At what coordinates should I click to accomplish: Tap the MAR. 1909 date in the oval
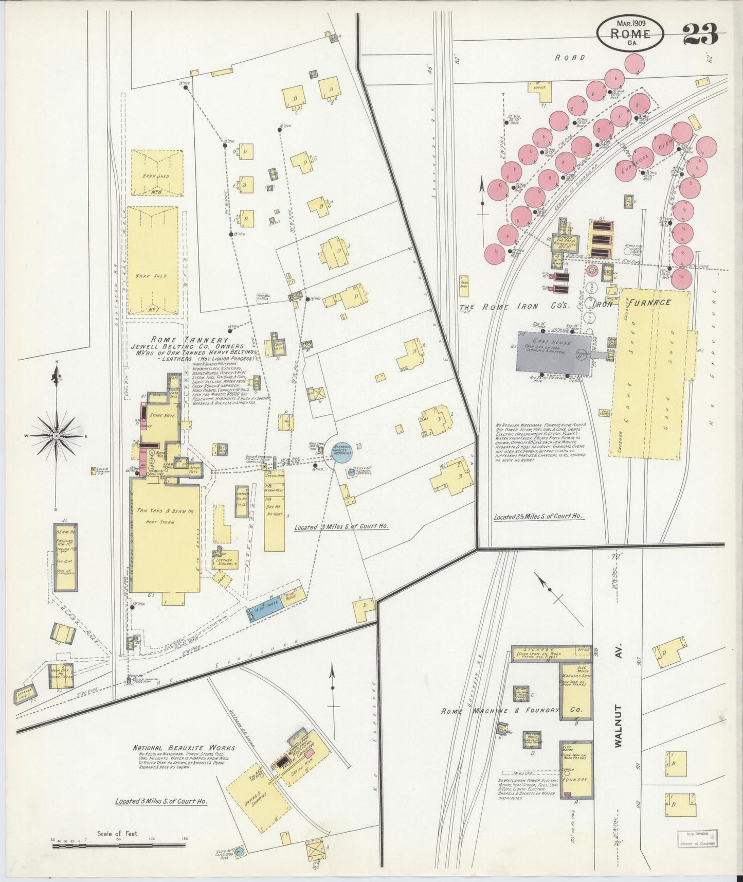pos(630,23)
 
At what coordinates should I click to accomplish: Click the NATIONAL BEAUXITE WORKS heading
pos(184,748)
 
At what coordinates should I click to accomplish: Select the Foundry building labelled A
pos(576,769)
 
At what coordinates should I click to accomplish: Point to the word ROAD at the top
pos(569,57)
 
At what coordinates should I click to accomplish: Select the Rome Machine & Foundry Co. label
pos(512,711)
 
